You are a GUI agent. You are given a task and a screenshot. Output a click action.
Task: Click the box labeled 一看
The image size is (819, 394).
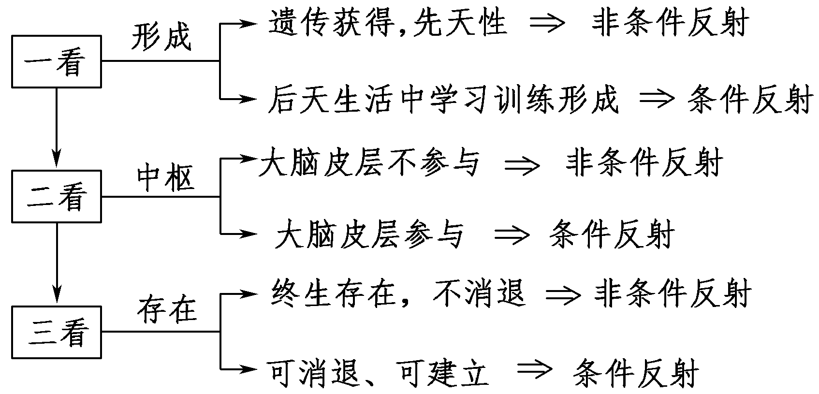(x=57, y=61)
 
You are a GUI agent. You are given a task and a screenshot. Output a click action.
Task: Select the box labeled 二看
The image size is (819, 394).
(x=57, y=196)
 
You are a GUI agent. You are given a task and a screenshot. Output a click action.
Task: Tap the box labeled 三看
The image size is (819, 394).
(x=57, y=332)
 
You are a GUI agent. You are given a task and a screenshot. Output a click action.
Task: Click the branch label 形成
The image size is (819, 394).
(x=161, y=36)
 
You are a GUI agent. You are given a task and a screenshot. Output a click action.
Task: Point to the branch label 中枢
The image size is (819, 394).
(x=165, y=177)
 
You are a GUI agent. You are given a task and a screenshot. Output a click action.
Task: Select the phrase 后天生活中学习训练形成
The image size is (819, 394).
(x=443, y=100)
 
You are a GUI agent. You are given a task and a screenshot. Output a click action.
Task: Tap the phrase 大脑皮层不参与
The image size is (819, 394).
(x=368, y=162)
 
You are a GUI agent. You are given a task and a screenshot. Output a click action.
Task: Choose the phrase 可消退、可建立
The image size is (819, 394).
(x=378, y=372)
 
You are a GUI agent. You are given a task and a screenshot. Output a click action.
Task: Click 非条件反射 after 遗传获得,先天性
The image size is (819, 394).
(x=670, y=22)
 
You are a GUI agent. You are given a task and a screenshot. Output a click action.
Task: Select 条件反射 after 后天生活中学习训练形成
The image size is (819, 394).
(x=748, y=100)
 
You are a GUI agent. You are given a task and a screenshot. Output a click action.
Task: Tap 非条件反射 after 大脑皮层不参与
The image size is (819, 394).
(x=644, y=162)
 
